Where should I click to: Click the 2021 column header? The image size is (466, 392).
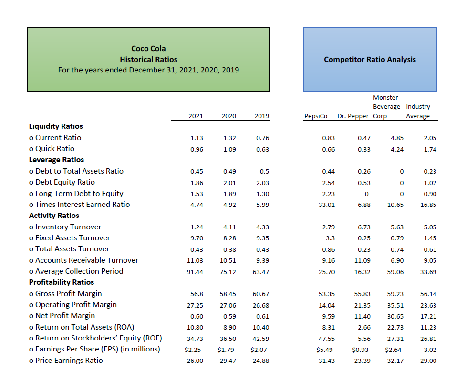coord(196,116)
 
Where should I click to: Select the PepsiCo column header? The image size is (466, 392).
coord(316,116)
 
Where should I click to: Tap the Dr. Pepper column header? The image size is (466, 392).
coord(353,116)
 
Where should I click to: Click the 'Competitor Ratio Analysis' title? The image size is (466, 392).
coord(370,60)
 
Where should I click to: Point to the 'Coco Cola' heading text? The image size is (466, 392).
coord(148,49)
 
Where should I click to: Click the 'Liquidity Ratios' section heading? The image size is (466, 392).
coord(56,126)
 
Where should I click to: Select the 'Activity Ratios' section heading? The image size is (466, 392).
coord(54,216)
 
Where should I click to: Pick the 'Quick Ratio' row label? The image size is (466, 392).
coord(52,149)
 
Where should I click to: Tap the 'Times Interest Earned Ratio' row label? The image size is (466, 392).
coord(79,205)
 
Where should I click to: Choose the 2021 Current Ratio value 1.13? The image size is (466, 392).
coord(197,138)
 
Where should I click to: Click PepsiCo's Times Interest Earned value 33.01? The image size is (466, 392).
coord(327,205)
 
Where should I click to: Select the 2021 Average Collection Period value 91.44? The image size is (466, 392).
coord(195,272)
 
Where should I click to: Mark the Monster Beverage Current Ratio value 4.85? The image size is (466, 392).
coord(397,138)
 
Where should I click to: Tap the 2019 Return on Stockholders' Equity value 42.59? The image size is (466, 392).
coord(260,339)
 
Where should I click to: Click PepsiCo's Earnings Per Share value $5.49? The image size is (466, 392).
coord(324,350)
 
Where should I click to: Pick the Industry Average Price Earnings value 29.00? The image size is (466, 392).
coord(428,361)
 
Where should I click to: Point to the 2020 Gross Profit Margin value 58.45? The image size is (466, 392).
coord(228,294)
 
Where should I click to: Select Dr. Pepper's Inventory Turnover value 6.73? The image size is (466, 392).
coord(364,227)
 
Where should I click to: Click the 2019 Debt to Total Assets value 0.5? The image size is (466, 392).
coord(264,172)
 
